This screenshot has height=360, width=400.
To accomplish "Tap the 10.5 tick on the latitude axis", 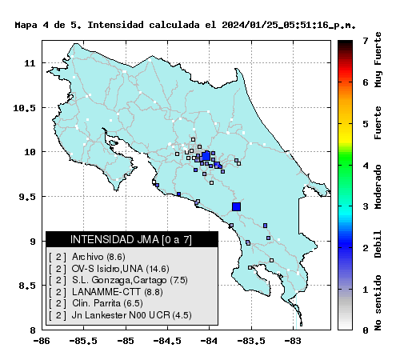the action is point(24,108).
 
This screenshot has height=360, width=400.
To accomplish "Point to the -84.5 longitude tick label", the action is point(167,341).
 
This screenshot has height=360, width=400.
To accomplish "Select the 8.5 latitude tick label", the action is point(27,286).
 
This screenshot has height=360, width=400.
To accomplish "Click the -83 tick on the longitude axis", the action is point(292,341).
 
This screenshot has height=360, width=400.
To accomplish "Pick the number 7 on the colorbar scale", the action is point(366,41).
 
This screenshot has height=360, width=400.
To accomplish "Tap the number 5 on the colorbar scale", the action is point(366,124).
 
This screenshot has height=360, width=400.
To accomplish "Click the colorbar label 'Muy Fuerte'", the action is point(378,60).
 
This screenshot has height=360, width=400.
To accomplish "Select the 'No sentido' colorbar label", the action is point(378,302).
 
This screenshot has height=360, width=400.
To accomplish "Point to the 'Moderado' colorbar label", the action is point(378,186).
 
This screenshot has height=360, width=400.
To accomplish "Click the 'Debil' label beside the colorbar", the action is point(378,244).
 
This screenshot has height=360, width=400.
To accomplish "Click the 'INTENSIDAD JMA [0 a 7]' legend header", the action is point(131,239).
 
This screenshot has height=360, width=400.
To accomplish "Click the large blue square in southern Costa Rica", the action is point(236,206).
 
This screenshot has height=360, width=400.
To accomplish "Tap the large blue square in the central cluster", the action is point(206,156).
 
